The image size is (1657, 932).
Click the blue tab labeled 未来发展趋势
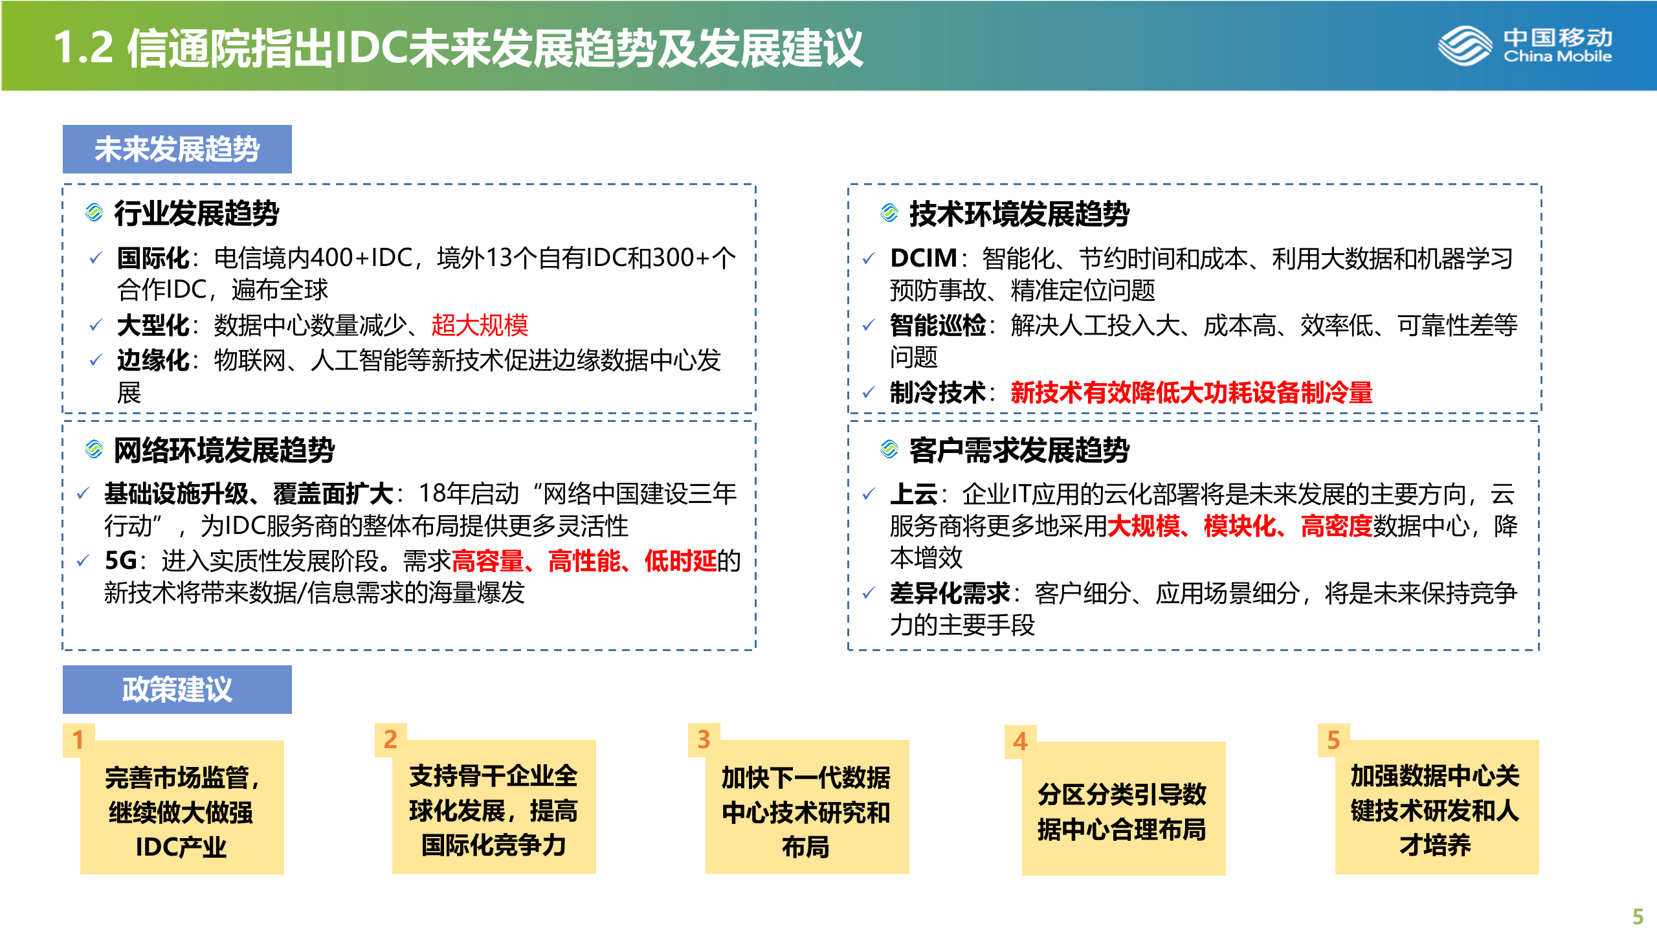pyautogui.click(x=177, y=149)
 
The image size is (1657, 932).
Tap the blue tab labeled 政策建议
pyautogui.click(x=177, y=689)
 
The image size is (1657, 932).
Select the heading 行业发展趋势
pyautogui.click(x=196, y=214)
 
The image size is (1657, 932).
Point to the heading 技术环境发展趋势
pyautogui.click(x=1019, y=214)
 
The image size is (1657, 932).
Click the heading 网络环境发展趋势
pyautogui.click(x=224, y=450)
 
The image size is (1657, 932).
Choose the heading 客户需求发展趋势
pyautogui.click(x=1019, y=450)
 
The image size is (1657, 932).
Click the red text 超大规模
pyautogui.click(x=480, y=325)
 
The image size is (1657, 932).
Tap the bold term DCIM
pyautogui.click(x=923, y=258)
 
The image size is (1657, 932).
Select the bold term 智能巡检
pyautogui.click(x=937, y=325)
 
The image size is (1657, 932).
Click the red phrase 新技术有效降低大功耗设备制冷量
pyautogui.click(x=1191, y=392)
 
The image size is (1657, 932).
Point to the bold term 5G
pyautogui.click(x=120, y=560)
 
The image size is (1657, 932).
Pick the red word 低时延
pyautogui.click(x=680, y=560)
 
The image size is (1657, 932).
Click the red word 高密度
pyautogui.click(x=1336, y=526)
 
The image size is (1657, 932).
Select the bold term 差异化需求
pyautogui.click(x=950, y=593)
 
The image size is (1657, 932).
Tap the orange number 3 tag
pyautogui.click(x=704, y=740)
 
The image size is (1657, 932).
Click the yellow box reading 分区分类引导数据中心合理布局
pyautogui.click(x=1123, y=811)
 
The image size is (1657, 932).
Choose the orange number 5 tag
pyautogui.click(x=1333, y=740)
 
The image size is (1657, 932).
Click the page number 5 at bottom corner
pyautogui.click(x=1638, y=916)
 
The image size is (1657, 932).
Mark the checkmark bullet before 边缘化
pyautogui.click(x=95, y=360)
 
